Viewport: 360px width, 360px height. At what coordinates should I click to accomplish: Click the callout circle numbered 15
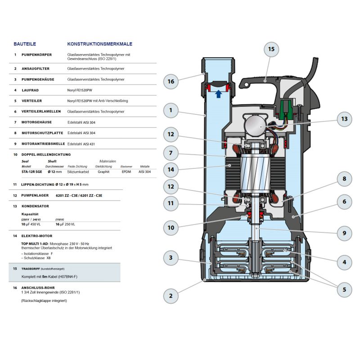click(271, 49)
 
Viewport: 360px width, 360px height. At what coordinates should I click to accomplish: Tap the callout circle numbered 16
click(171, 81)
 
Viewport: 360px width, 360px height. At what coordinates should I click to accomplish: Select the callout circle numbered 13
click(344, 119)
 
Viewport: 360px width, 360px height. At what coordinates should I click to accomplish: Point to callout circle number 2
click(171, 296)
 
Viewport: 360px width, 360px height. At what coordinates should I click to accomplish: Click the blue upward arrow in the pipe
click(219, 94)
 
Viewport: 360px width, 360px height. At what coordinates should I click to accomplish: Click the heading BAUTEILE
click(25, 44)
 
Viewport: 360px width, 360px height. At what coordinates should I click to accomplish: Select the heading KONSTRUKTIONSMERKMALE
click(99, 44)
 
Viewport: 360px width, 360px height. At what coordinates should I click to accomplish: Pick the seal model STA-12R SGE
click(31, 172)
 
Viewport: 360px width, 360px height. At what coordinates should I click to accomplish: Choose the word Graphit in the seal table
click(103, 172)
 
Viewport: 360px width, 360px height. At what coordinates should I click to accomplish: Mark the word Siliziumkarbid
click(78, 172)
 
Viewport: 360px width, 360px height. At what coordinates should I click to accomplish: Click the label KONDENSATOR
click(35, 206)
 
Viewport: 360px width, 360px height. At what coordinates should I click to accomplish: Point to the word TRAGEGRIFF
click(31, 269)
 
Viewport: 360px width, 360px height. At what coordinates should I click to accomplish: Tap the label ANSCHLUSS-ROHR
click(38, 288)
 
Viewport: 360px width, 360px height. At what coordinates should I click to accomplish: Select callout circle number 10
click(171, 228)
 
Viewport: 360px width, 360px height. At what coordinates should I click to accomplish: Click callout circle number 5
click(344, 289)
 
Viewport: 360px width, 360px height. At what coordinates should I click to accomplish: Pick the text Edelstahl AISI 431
click(81, 144)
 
